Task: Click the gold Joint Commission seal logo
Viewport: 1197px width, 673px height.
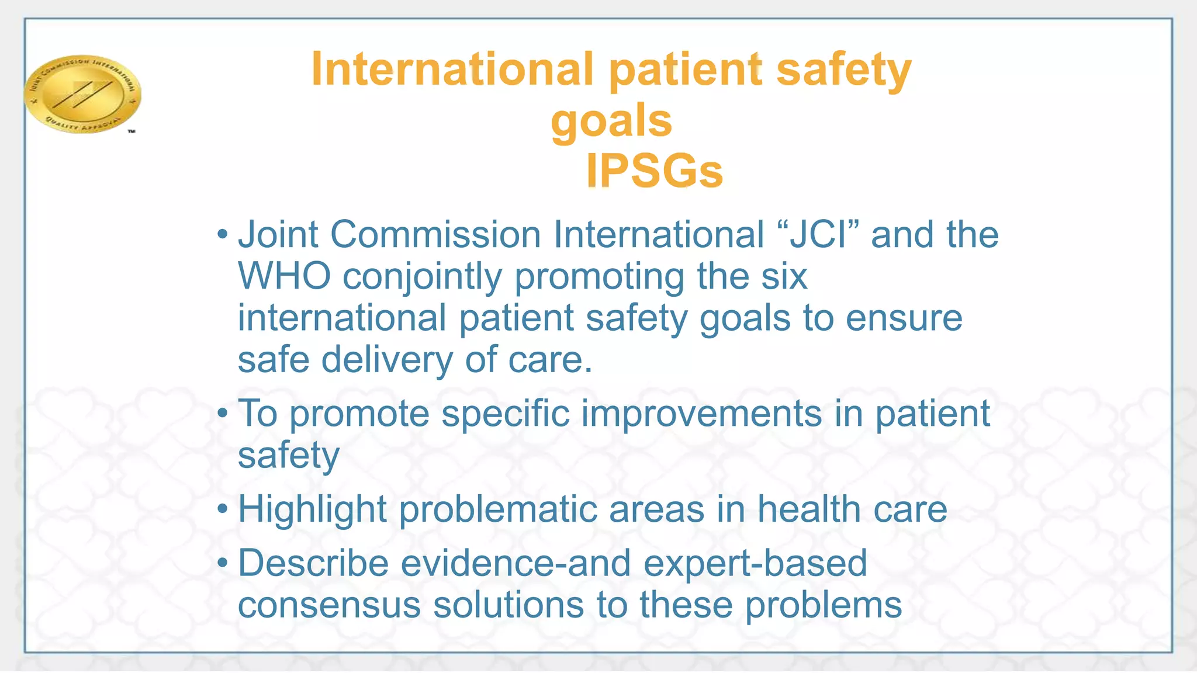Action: [82, 93]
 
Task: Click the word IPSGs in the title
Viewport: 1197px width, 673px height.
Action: [655, 171]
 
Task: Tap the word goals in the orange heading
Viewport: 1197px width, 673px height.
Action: [611, 120]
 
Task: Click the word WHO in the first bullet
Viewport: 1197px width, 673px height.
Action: [284, 276]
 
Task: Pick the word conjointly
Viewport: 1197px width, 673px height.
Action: [422, 277]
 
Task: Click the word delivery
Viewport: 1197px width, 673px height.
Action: [386, 359]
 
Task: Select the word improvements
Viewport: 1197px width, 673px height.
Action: [701, 414]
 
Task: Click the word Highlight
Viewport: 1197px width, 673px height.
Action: [312, 509]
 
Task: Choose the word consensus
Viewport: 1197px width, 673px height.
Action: [329, 605]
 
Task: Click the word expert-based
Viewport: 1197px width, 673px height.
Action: [755, 564]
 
